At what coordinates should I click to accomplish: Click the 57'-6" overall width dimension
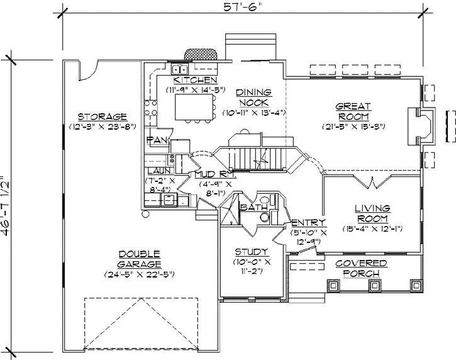[242, 7]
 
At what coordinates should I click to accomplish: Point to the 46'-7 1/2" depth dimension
[7, 205]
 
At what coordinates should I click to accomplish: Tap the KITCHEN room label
[196, 81]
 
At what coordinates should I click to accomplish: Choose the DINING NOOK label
[253, 98]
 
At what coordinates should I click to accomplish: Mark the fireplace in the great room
[420, 127]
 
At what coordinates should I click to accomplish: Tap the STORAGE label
[103, 116]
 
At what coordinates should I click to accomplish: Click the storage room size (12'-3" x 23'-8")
[103, 127]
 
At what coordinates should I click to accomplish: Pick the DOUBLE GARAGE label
[139, 259]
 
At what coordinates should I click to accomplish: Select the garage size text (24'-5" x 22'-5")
[139, 274]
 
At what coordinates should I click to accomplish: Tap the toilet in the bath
[265, 218]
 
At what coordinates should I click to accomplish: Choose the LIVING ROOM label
[372, 213]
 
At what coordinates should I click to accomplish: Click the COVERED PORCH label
[360, 268]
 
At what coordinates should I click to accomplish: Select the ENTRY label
[308, 223]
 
